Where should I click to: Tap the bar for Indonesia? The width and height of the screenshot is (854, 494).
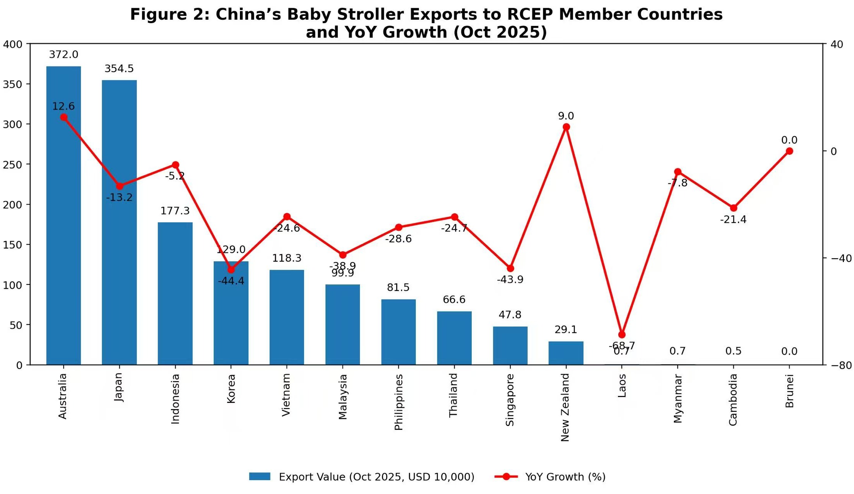click(175, 293)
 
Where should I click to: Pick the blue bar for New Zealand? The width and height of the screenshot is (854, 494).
click(566, 353)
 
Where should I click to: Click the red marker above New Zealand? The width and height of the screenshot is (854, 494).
click(566, 127)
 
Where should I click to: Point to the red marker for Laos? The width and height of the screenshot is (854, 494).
click(622, 335)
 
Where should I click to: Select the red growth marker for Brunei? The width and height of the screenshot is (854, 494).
click(789, 151)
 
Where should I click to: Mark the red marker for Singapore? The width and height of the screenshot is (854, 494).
click(510, 268)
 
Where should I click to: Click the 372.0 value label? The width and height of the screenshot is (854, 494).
click(64, 55)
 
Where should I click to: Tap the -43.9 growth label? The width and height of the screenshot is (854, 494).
click(510, 279)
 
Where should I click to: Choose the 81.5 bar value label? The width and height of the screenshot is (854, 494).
click(398, 288)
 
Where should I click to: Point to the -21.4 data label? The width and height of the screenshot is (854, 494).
click(733, 220)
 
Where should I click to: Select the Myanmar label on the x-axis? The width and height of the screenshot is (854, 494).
click(678, 399)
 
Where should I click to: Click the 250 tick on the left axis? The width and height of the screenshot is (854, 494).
click(13, 164)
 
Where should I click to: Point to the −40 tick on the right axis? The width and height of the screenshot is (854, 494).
click(841, 258)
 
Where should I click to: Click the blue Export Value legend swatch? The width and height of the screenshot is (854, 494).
click(260, 477)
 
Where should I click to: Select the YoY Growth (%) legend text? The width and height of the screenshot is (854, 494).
click(565, 477)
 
